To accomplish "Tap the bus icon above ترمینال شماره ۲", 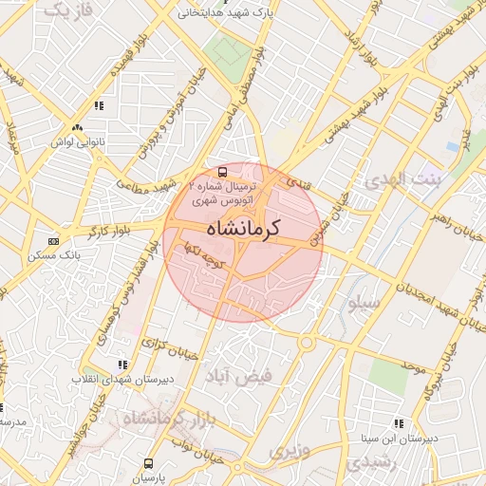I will click(222, 173).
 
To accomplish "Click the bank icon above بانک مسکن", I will click(52, 242).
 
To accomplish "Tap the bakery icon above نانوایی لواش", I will click(77, 126).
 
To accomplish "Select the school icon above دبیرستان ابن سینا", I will click(398, 423).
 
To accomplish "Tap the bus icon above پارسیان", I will click(147, 464).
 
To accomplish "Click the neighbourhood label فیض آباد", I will click(247, 376).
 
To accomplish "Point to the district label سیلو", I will click(364, 304).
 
